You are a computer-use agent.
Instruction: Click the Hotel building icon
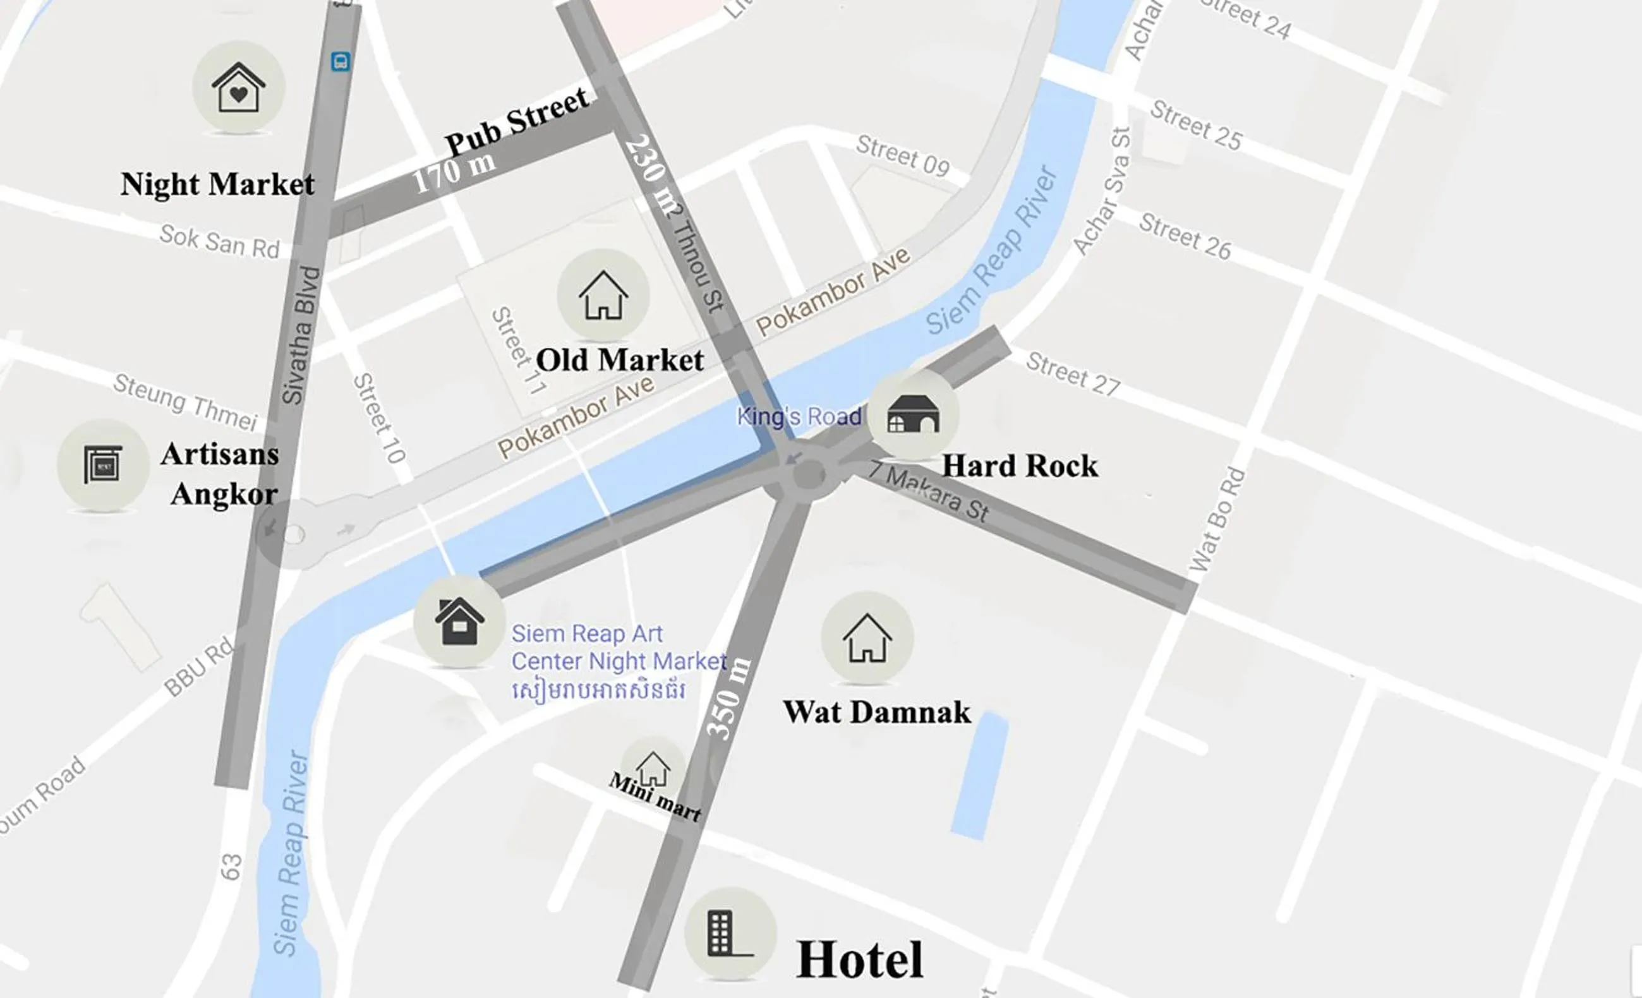pos(730,934)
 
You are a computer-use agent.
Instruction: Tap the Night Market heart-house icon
pos(239,87)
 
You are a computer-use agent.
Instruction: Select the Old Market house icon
pos(603,295)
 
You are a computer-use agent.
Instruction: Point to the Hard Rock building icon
pos(913,414)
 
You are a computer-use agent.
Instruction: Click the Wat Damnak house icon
pos(866,638)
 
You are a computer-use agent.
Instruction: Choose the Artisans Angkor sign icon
pos(103,465)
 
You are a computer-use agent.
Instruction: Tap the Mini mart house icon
pos(653,769)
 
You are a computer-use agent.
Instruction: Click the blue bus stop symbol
pos(341,63)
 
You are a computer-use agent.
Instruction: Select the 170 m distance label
pos(454,172)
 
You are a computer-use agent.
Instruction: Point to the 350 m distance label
pos(728,699)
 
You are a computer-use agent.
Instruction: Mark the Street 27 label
pos(1073,374)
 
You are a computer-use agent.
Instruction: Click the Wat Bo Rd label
pos(1217,520)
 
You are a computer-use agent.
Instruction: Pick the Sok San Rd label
pos(219,242)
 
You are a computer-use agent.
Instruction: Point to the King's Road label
pos(799,416)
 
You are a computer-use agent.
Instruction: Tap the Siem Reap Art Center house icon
pos(459,622)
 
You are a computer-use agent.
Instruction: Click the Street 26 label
pos(1185,236)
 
